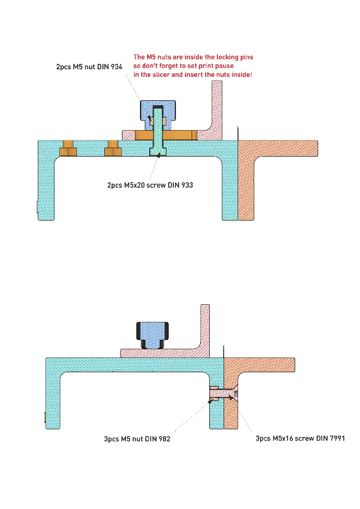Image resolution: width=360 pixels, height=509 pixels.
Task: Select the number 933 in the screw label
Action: (x=186, y=185)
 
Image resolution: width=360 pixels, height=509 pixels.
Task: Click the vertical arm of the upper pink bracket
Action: (x=217, y=108)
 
